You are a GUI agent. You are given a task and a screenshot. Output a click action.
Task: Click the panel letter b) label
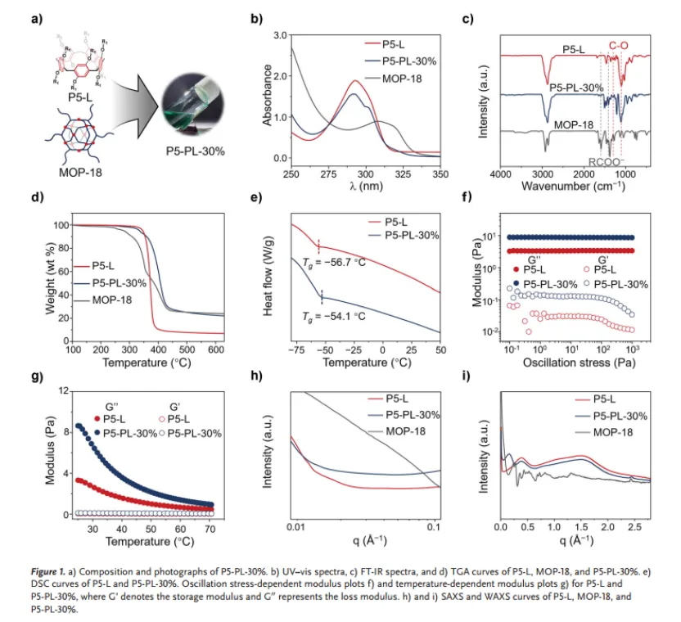(255, 19)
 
